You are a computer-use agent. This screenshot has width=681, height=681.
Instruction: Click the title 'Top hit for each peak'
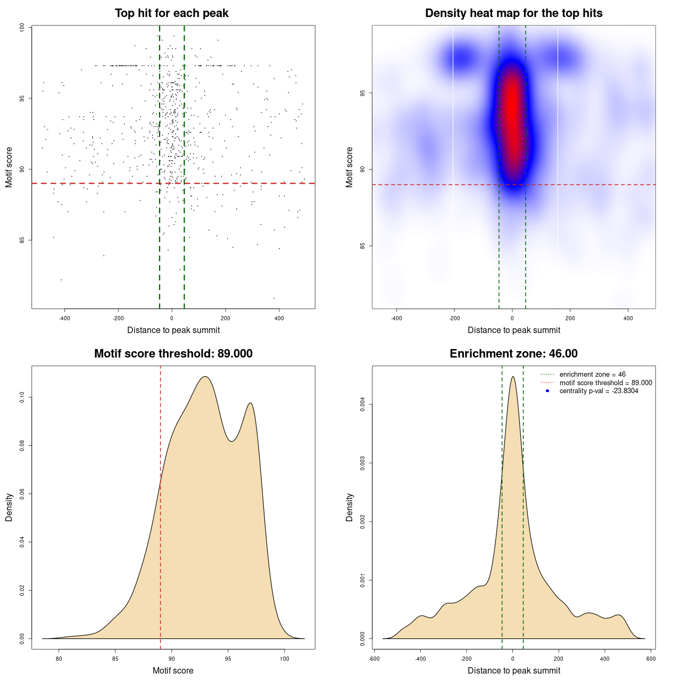(171, 13)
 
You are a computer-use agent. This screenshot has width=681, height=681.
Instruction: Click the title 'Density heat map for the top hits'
(513, 13)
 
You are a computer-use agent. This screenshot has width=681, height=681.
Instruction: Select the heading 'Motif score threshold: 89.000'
(173, 354)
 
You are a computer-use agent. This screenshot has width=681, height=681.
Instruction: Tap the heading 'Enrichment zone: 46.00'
(513, 354)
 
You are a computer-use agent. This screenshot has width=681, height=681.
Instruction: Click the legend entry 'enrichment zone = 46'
(592, 375)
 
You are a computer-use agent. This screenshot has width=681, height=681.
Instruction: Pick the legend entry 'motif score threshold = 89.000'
(605, 383)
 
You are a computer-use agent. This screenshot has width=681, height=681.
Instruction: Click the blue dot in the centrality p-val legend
(547, 391)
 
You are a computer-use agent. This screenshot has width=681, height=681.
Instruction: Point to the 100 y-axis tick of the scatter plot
(22, 28)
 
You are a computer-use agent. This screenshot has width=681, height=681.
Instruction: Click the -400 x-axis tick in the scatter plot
(64, 319)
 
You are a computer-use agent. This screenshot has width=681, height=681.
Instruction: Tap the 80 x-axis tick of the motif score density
(59, 659)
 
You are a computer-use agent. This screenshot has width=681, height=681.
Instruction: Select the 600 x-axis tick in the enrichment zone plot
(651, 659)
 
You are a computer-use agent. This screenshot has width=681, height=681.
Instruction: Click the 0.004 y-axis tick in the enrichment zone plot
(363, 405)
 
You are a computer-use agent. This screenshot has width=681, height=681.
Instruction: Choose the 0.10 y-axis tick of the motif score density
(22, 397)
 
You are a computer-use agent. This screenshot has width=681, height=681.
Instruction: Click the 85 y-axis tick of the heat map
(363, 246)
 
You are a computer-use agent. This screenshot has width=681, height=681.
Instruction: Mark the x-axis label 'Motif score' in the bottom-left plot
(173, 670)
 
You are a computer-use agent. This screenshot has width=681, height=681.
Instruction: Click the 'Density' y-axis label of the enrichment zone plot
(350, 507)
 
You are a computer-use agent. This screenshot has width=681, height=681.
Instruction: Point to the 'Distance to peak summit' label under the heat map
(513, 330)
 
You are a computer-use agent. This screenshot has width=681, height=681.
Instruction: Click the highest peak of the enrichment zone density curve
(513, 377)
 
